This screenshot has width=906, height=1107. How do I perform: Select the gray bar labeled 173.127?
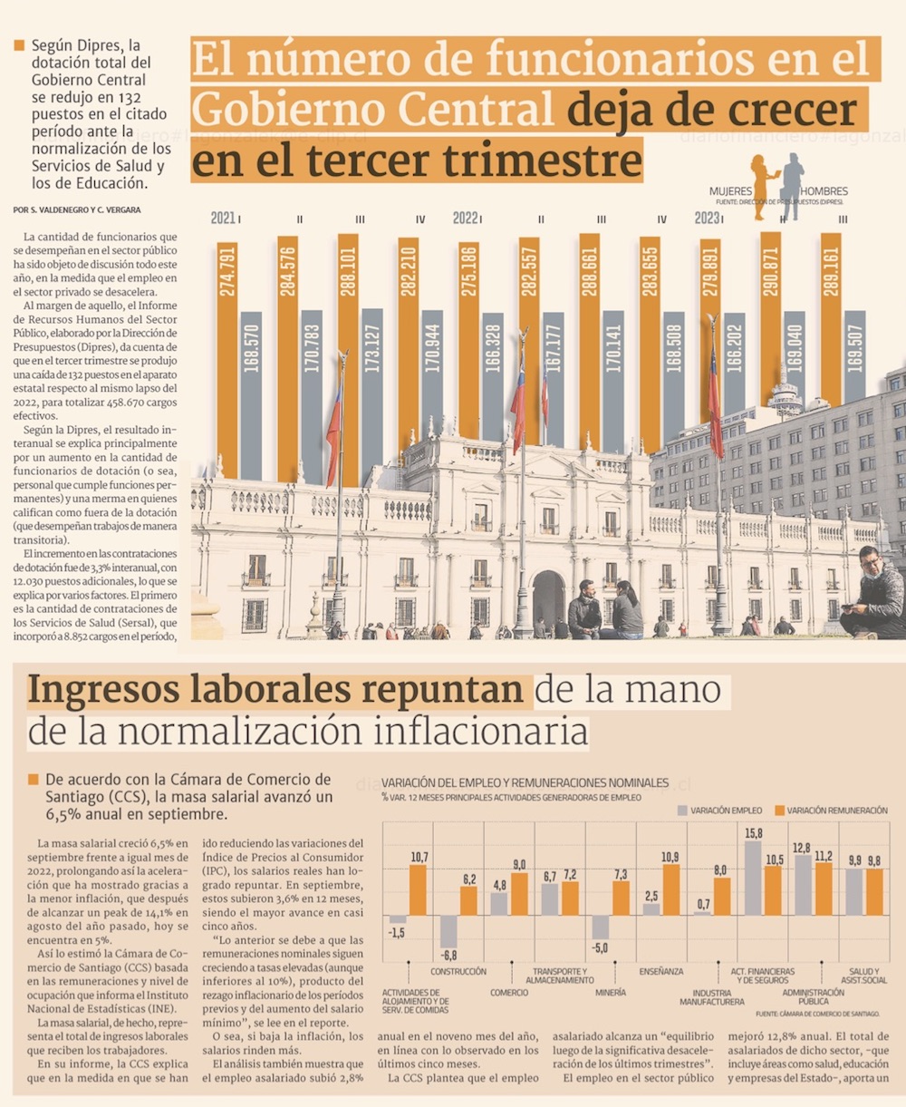[x=372, y=381]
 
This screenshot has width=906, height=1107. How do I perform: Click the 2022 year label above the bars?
[x=466, y=218]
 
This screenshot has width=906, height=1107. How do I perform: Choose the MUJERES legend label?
[x=730, y=191]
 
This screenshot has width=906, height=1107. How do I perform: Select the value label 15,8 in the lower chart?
[x=753, y=833]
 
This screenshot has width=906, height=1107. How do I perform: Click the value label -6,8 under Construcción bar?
[x=448, y=956]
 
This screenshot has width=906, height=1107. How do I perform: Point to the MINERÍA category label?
[x=610, y=993]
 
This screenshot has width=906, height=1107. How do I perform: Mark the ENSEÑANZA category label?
[x=661, y=972]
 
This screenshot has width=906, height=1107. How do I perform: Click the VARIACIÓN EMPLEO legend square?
[x=682, y=810]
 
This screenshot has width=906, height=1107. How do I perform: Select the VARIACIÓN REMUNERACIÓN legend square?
[x=779, y=810]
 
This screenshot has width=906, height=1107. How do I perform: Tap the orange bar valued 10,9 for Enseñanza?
[x=670, y=889]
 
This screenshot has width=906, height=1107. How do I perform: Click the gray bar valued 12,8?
[x=803, y=885]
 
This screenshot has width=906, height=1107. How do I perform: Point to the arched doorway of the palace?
[x=548, y=601]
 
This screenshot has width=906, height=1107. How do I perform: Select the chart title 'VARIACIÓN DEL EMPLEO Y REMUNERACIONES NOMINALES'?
[x=525, y=782]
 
